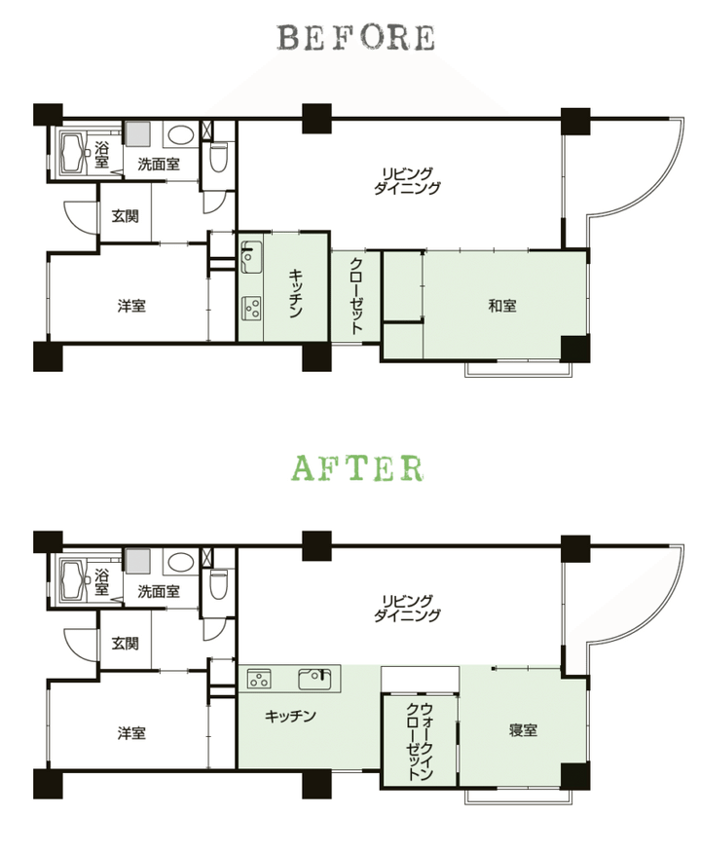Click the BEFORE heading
(356, 38)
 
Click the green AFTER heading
(357, 468)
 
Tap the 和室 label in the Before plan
(502, 306)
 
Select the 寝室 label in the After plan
(523, 729)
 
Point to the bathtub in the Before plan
(74, 154)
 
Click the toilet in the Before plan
(218, 157)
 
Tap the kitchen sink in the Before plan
(251, 257)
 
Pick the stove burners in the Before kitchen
(252, 308)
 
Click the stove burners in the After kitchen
(259, 679)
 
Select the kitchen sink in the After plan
(314, 679)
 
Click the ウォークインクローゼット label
(420, 741)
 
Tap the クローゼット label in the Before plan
(356, 295)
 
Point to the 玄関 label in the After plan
(125, 644)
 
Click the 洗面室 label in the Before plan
(158, 164)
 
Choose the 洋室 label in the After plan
(131, 733)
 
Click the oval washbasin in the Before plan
(181, 135)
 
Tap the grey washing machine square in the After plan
(138, 560)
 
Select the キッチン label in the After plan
(290, 716)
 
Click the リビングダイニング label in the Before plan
(408, 180)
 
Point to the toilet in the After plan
(218, 583)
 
